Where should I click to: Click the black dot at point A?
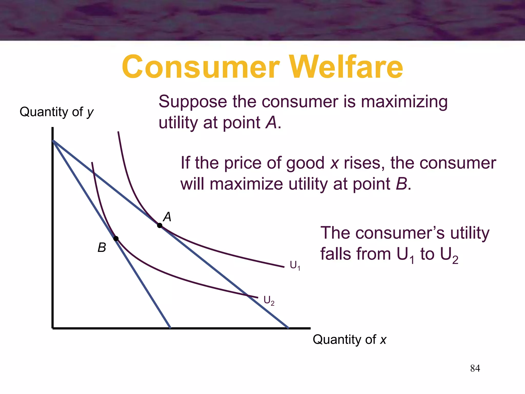pos(160,225)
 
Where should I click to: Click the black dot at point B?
pos(116,239)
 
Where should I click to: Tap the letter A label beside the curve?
pos(167,217)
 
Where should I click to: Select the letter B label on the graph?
pos(102,248)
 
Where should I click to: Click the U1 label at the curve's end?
pos(295,265)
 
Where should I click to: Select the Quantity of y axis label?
pos(57,112)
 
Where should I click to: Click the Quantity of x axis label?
pos(349,339)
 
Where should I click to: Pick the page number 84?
pos(475,368)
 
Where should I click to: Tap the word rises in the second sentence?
pos(364,163)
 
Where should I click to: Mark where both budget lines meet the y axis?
pos(53,141)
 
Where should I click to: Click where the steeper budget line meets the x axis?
pos(170,328)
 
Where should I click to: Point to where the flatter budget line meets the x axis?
pos(288,328)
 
